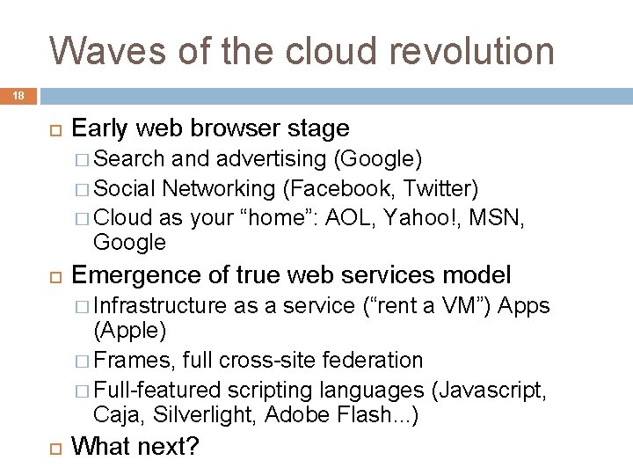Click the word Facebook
click(x=324, y=188)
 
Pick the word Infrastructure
click(x=159, y=305)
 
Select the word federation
click(x=380, y=360)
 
